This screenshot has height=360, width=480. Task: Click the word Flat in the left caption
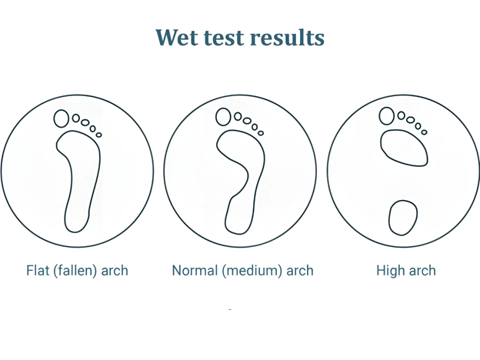pyautogui.click(x=38, y=271)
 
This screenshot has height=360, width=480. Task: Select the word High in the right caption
pyautogui.click(x=390, y=271)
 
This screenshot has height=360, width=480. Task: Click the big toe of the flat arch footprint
pyautogui.click(x=62, y=118)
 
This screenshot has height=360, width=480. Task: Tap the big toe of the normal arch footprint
pyautogui.click(x=224, y=117)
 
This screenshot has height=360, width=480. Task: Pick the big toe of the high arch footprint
pyautogui.click(x=387, y=116)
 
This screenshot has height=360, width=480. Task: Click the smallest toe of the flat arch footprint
pyautogui.click(x=99, y=135)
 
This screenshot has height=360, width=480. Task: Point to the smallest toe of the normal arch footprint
pyautogui.click(x=261, y=133)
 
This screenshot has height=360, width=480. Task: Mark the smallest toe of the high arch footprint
pyautogui.click(x=424, y=132)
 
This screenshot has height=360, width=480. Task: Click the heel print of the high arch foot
pyautogui.click(x=402, y=218)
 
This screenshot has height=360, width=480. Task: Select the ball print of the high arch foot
pyautogui.click(x=405, y=148)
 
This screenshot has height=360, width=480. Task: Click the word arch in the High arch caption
pyautogui.click(x=422, y=271)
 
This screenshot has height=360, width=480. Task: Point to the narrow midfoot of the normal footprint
pyautogui.click(x=248, y=185)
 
